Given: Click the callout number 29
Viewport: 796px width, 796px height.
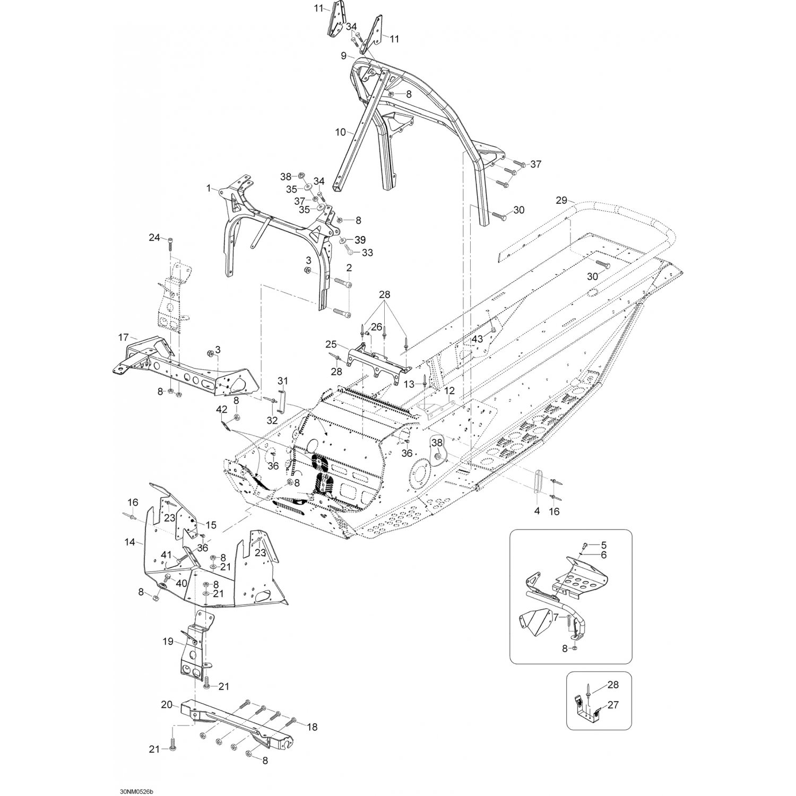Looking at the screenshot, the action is click(x=561, y=200).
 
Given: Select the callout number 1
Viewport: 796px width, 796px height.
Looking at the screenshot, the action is click(x=209, y=188).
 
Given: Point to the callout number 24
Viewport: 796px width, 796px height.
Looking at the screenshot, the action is click(x=154, y=238).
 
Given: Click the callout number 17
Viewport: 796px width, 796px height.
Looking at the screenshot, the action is click(x=124, y=337).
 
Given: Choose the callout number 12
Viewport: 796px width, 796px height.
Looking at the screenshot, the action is click(x=449, y=391).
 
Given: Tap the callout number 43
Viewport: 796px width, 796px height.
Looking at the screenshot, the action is click(x=478, y=339).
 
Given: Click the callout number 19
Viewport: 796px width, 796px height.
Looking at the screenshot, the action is click(x=168, y=642).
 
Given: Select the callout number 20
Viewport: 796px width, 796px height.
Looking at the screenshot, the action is click(x=167, y=705).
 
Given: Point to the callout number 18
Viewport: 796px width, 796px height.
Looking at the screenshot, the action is click(x=312, y=727).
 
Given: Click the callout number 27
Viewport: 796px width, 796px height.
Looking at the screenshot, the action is click(x=613, y=705).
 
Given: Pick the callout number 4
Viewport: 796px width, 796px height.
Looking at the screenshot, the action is click(x=537, y=511).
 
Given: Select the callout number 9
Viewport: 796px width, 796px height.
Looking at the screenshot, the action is click(x=343, y=56).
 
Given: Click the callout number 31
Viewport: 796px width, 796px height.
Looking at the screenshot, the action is click(x=283, y=380).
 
